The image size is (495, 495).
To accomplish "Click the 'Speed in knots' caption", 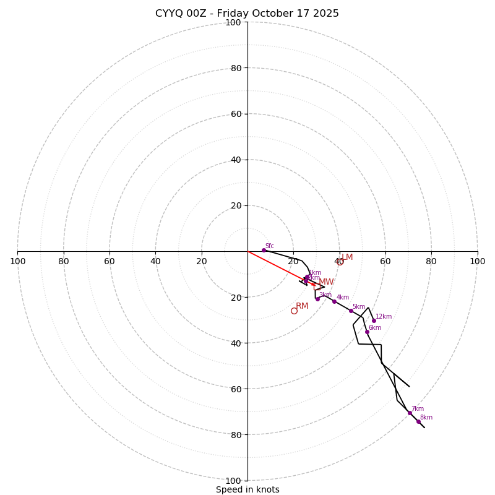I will tap(247, 489).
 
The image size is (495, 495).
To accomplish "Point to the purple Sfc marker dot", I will tap(264, 250).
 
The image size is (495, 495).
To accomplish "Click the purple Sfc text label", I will tap(269, 246).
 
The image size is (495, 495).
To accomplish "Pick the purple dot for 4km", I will tap(334, 301).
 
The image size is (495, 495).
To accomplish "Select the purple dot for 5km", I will tap(351, 311).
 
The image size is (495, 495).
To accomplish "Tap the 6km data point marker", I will tap(367, 332).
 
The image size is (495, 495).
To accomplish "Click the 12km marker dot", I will tap(374, 321).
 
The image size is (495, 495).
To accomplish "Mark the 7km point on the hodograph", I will tap(410, 413).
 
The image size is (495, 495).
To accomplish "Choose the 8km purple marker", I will tap(418, 421).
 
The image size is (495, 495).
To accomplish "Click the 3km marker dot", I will tap(318, 299).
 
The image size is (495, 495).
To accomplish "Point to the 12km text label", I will tap(384, 317).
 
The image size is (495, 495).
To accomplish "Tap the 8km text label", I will tap(426, 418).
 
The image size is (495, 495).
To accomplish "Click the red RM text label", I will tap(302, 306).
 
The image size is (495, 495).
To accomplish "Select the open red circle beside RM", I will tap(294, 311).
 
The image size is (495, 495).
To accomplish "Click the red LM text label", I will tap(347, 257).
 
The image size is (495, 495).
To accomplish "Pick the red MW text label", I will tap(326, 282).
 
